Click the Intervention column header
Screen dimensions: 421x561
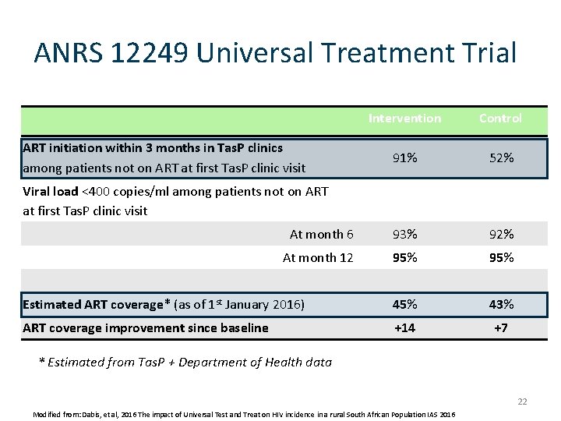pos(404,119)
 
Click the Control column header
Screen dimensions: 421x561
pos(500,119)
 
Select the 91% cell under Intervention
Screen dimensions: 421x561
pos(404,157)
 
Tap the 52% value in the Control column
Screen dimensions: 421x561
pos(501,157)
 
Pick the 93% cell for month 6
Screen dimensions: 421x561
pos(404,234)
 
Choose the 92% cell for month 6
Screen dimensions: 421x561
pos(501,234)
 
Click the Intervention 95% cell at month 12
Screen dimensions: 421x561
pos(404,257)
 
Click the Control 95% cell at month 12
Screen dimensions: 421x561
pos(501,257)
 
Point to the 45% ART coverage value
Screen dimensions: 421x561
pos(404,304)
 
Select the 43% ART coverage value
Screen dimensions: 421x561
pos(501,304)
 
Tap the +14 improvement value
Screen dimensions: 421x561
pos(404,327)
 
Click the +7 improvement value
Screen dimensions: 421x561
pos(501,327)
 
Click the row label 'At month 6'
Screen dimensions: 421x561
pos(321,234)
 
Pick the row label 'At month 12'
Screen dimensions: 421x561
pos(318,257)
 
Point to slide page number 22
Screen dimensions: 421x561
pos(522,402)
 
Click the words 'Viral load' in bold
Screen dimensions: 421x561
pos(51,191)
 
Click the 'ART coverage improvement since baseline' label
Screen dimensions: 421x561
pos(146,327)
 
